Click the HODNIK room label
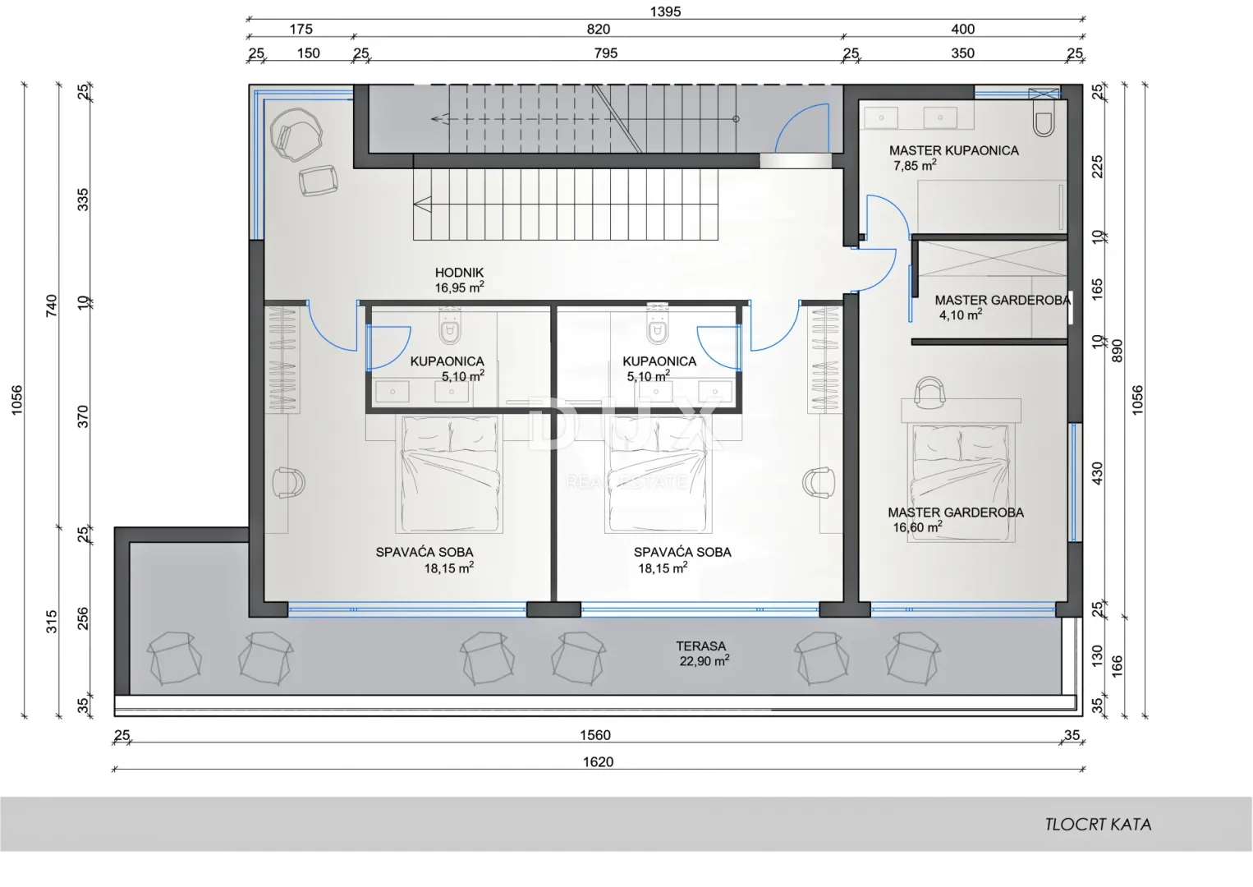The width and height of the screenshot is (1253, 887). (459, 273)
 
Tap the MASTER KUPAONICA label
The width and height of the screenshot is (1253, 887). (954, 150)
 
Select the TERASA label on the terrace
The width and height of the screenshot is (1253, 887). (700, 646)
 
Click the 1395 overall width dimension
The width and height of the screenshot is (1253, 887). (665, 11)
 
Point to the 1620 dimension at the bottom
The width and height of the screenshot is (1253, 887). (598, 761)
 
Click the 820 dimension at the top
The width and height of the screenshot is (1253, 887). (598, 29)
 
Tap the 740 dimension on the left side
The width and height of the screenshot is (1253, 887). (51, 306)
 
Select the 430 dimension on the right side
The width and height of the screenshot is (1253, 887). (1097, 473)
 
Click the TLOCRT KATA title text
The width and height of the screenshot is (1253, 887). (1098, 825)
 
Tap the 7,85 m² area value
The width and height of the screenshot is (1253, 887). (915, 166)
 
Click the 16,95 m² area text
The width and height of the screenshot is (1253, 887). (459, 287)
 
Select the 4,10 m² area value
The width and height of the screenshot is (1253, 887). (961, 315)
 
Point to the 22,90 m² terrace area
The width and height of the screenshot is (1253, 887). (705, 661)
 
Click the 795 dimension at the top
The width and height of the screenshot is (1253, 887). (606, 53)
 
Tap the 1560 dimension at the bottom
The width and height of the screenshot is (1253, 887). (594, 735)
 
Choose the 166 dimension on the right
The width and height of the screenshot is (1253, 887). (1117, 667)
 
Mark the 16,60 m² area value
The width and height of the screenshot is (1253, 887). (917, 527)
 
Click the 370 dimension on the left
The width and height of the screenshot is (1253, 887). (83, 417)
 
